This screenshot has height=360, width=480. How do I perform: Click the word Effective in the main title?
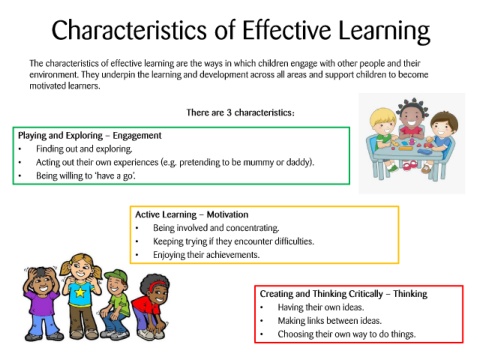coord(286,30)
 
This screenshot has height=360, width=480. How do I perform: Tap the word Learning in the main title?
coord(384,32)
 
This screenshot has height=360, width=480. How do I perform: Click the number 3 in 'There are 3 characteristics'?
coord(229,113)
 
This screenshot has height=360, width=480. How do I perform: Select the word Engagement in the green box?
coord(137,136)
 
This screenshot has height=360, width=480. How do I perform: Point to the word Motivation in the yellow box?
coord(227,214)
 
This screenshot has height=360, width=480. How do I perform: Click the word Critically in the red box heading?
coord(366,294)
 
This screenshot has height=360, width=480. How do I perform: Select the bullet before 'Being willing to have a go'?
coord(20,176)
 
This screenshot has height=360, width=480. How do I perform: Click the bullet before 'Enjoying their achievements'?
coord(137,255)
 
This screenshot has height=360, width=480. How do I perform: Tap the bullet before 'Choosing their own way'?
coord(262,334)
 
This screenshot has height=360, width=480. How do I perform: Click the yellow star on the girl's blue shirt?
coord(80,292)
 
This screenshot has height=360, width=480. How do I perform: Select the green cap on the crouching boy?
coord(117,275)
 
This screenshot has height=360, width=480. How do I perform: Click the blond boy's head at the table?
coord(383,121)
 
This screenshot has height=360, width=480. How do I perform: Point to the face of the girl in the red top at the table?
coord(410,119)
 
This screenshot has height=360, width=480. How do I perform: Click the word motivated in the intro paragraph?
coord(48,86)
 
